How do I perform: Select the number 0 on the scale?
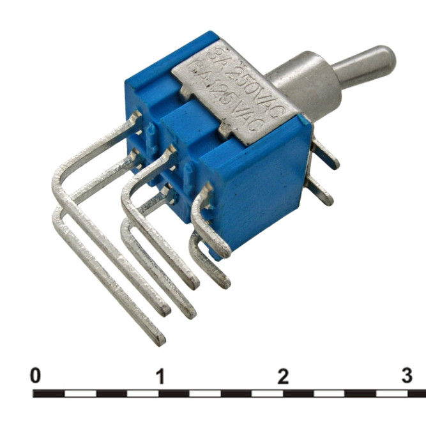click(36, 376)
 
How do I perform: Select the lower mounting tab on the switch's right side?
click(319, 191)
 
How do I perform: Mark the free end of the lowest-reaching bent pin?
click(156, 338)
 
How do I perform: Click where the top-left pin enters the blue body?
click(137, 118)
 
